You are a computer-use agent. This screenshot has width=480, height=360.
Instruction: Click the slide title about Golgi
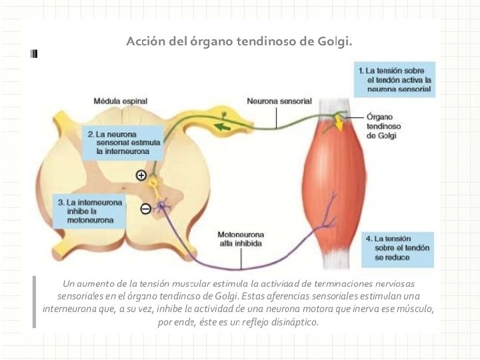(x=239, y=41)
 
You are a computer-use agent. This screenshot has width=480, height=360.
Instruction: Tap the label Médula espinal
(x=121, y=101)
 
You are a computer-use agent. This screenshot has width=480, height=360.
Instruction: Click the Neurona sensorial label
(x=279, y=101)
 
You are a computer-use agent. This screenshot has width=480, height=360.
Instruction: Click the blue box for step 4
(x=399, y=247)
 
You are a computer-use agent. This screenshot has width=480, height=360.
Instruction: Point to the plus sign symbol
(x=141, y=175)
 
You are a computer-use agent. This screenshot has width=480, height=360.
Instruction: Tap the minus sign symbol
(x=146, y=209)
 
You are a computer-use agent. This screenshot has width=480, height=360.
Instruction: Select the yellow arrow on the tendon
(x=339, y=124)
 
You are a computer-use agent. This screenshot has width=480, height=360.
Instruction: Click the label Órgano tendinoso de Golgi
(x=383, y=126)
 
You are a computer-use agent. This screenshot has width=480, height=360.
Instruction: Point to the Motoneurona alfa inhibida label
(x=241, y=239)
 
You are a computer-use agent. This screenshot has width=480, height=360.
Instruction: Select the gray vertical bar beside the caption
(x=33, y=302)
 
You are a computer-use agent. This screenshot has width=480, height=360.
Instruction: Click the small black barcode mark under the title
(x=34, y=54)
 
